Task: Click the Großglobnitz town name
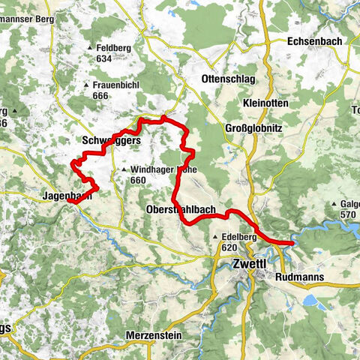tap(253, 128)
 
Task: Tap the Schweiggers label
tap(109, 141)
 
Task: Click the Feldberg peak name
tap(113, 48)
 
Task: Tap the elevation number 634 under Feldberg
tap(103, 58)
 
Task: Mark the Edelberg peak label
tap(240, 235)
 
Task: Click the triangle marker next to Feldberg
tap(89, 49)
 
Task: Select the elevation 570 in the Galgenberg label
tap(347, 214)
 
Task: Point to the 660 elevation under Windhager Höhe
tap(137, 180)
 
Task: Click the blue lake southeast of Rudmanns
tap(310, 300)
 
